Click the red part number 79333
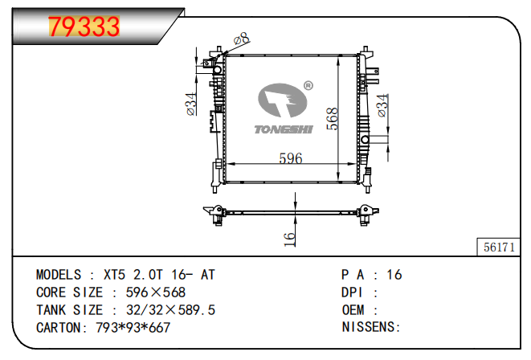[84, 27]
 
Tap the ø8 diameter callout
[242, 39]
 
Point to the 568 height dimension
[333, 119]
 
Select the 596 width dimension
[291, 158]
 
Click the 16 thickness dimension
[289, 239]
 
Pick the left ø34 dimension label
[191, 104]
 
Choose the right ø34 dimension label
[382, 105]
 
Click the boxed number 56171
[499, 247]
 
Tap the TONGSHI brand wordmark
[284, 129]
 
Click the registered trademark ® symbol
[308, 86]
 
